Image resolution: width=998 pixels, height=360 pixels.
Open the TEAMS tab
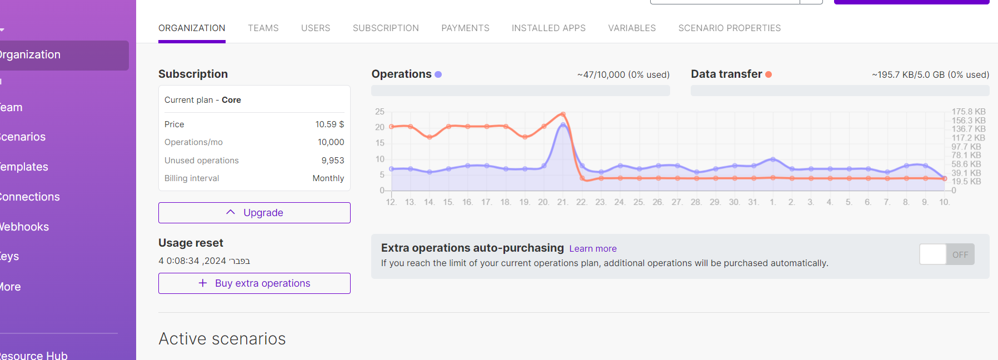click(263, 28)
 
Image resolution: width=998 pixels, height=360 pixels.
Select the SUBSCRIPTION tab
click(386, 28)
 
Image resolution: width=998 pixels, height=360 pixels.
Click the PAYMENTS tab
click(465, 28)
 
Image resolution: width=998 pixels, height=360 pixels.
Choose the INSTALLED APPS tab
click(548, 28)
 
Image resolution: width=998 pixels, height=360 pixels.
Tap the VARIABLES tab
click(632, 28)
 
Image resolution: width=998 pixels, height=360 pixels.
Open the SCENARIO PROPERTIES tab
click(729, 28)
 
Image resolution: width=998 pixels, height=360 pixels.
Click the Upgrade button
click(255, 213)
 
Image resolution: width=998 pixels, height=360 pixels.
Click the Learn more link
click(593, 248)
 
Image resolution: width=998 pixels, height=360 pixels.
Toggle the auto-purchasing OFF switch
click(946, 254)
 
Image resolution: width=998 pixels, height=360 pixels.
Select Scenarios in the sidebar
click(23, 137)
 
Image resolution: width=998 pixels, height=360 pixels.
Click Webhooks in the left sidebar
click(24, 227)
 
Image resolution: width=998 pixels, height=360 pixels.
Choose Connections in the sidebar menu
click(30, 197)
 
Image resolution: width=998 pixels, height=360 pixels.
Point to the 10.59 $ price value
click(330, 124)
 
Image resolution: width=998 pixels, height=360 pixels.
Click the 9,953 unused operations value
click(332, 161)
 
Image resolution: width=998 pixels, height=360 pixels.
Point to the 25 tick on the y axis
click(380, 112)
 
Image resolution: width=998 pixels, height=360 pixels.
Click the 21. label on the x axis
click(562, 202)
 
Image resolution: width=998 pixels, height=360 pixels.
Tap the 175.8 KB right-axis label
click(968, 112)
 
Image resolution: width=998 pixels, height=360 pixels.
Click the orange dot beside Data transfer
click(769, 74)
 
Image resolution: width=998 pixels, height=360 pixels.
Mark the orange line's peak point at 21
click(563, 114)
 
